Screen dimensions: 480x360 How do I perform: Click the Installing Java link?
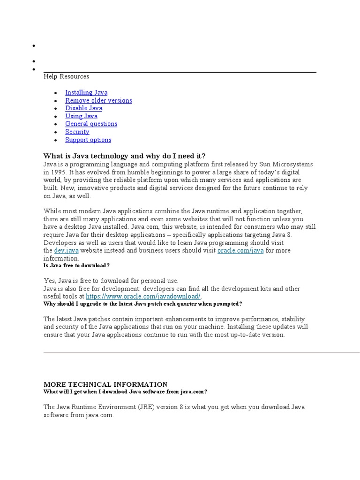pos(86,92)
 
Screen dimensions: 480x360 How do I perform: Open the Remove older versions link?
pos(98,100)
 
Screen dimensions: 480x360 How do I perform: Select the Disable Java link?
pos(83,108)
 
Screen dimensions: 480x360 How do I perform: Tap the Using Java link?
pos(81,116)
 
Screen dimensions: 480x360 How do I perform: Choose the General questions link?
pos(91,124)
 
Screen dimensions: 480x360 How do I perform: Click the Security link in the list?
pos(77,132)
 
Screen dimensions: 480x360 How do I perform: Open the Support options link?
pos(88,140)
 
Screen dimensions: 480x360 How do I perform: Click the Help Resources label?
pos(66,76)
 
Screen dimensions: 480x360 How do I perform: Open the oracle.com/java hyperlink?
pos(240,251)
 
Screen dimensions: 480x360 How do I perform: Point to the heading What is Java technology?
pos(124,156)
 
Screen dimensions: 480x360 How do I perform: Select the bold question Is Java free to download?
pos(76,265)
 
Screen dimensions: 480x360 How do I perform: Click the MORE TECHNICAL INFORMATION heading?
pos(105,384)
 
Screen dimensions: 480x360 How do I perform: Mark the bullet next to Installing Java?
pos(56,93)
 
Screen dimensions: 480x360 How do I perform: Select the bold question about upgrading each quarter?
pos(142,304)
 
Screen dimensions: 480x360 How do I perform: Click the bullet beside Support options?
pos(56,140)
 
